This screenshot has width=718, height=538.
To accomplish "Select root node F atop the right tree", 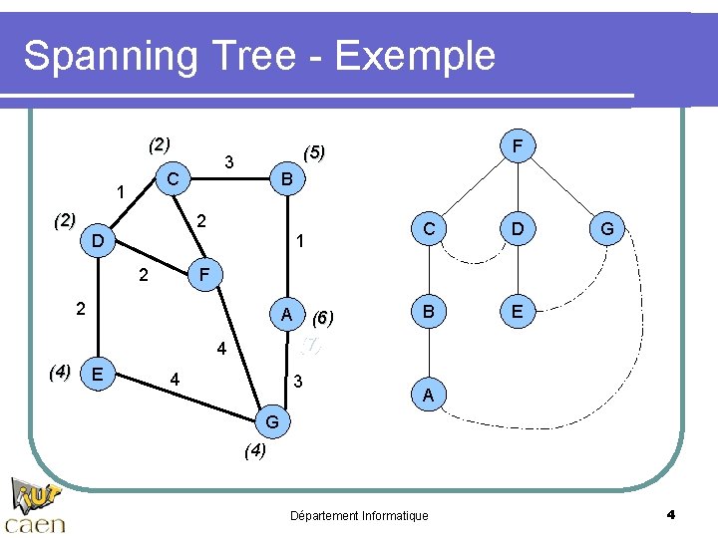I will tap(517, 147).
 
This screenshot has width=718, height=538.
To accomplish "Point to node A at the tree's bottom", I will tap(428, 397).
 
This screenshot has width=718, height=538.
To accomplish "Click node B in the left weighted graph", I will tap(287, 179).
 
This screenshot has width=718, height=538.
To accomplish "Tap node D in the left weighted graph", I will tap(97, 241).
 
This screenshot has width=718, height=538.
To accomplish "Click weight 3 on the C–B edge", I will tap(229, 161).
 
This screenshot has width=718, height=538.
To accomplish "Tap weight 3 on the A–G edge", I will tap(296, 383).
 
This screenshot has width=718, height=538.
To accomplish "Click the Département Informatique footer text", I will tap(358, 515).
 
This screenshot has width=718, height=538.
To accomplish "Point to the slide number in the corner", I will tap(670, 514).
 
